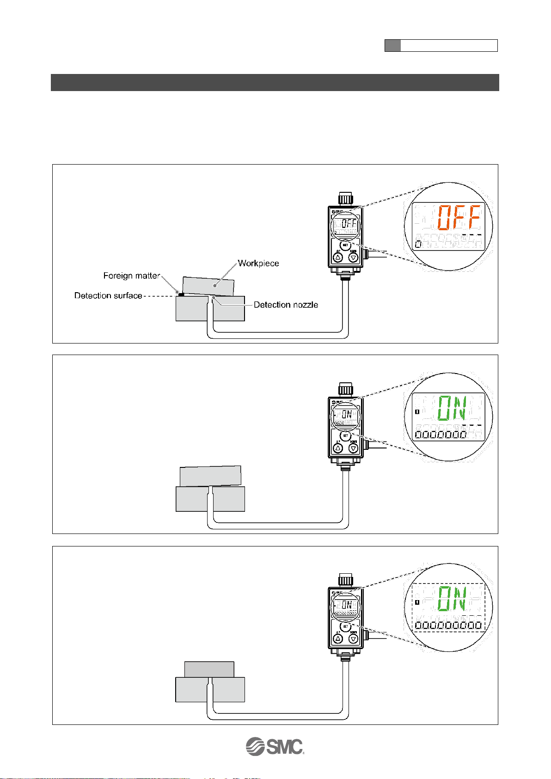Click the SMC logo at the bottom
[x=275, y=746]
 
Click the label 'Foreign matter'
[x=131, y=276]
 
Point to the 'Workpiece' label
[x=258, y=264]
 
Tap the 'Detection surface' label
[x=108, y=296]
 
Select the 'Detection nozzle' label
[x=286, y=305]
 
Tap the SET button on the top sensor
[x=345, y=245]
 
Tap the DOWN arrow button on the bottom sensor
[x=354, y=639]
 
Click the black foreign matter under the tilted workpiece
[x=181, y=294]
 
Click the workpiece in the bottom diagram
[x=209, y=669]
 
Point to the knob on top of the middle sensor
[x=345, y=387]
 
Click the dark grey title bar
[x=275, y=82]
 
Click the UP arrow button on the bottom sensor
[x=338, y=639]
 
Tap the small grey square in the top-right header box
[x=392, y=45]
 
